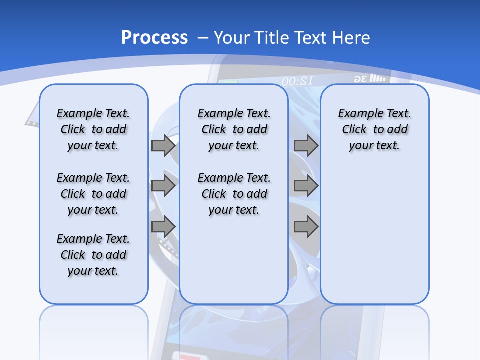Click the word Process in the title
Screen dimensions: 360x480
154,38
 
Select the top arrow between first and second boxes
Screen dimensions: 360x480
163,146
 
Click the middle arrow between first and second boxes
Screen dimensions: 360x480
163,186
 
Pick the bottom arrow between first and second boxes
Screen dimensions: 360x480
163,227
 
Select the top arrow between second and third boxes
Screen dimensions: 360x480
306,146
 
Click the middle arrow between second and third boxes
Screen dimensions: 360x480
306,186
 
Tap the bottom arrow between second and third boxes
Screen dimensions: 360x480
306,227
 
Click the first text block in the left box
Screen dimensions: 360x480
93,129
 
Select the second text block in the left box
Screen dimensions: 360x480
93,194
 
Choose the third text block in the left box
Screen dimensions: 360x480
93,255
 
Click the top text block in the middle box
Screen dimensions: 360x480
234,129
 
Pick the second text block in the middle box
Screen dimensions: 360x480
234,194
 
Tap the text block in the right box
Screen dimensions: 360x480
374,129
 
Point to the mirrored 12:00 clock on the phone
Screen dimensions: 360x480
297,81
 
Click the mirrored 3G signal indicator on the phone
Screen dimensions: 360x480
370,79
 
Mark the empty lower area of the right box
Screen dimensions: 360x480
374,235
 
